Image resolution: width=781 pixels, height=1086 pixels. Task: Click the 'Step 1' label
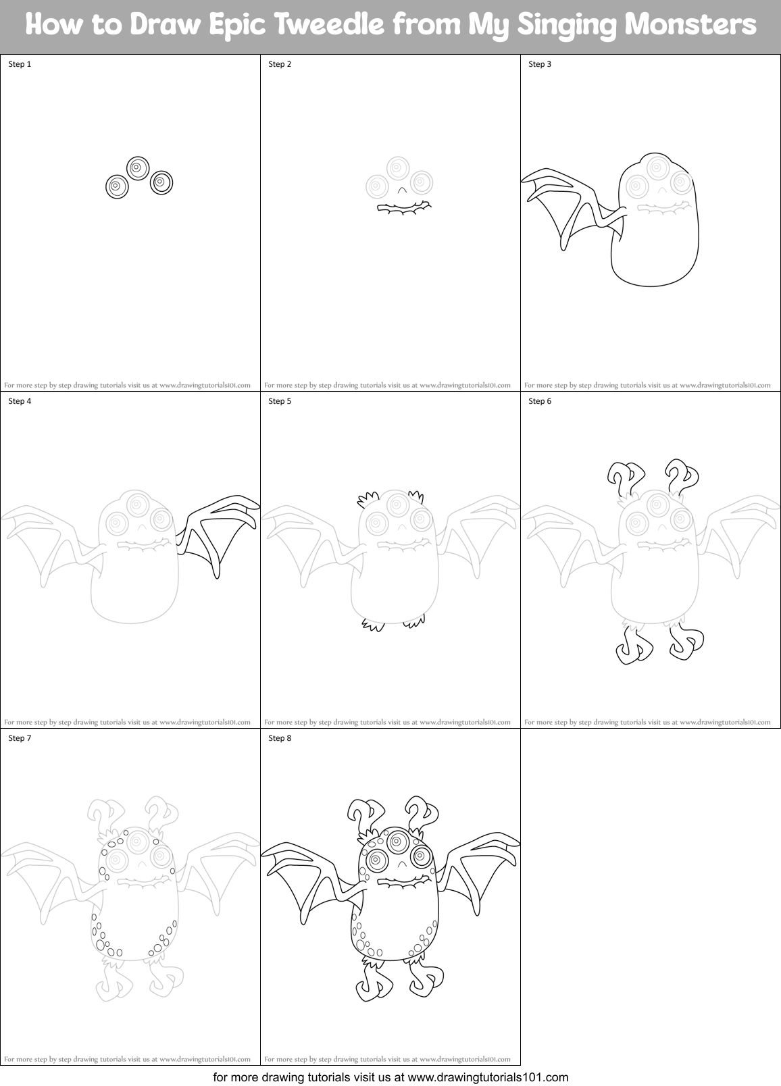[20, 64]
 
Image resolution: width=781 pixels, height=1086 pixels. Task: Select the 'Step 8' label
[280, 738]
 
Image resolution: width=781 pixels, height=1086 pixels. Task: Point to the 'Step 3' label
[540, 64]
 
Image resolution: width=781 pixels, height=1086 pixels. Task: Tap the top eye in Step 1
[137, 167]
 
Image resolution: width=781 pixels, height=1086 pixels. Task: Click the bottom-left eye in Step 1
[116, 186]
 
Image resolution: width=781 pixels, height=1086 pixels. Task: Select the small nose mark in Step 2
[402, 190]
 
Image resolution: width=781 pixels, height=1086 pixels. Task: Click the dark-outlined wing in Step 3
[568, 203]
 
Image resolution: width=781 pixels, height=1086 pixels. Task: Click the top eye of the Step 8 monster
[397, 840]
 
